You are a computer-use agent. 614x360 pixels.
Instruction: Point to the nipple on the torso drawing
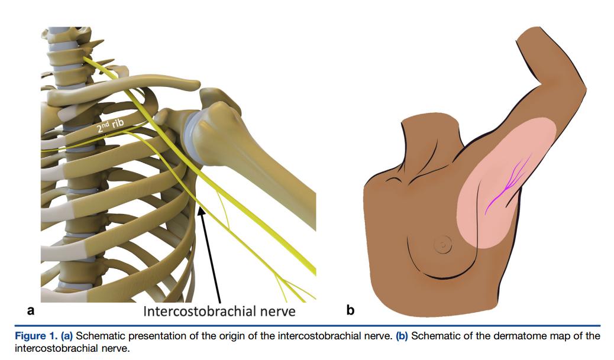click(x=441, y=242)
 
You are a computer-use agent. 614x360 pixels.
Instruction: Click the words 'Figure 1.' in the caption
click(x=35, y=336)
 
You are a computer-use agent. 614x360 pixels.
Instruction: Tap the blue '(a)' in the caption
click(x=67, y=336)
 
